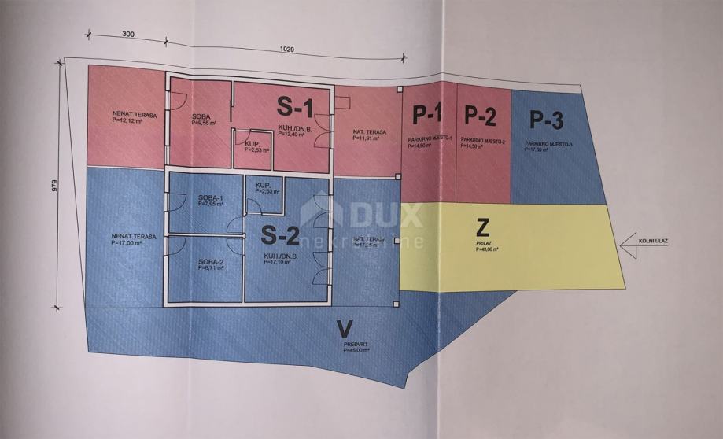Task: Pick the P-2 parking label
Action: click(480, 117)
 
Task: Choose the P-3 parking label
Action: click(546, 121)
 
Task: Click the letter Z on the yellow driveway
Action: click(484, 229)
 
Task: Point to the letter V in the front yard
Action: click(342, 328)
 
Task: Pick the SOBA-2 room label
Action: click(212, 261)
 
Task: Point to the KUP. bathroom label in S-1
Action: click(253, 143)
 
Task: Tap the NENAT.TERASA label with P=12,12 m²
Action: click(134, 116)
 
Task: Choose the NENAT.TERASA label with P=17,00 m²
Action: click(133, 236)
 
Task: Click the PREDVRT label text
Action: click(356, 345)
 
